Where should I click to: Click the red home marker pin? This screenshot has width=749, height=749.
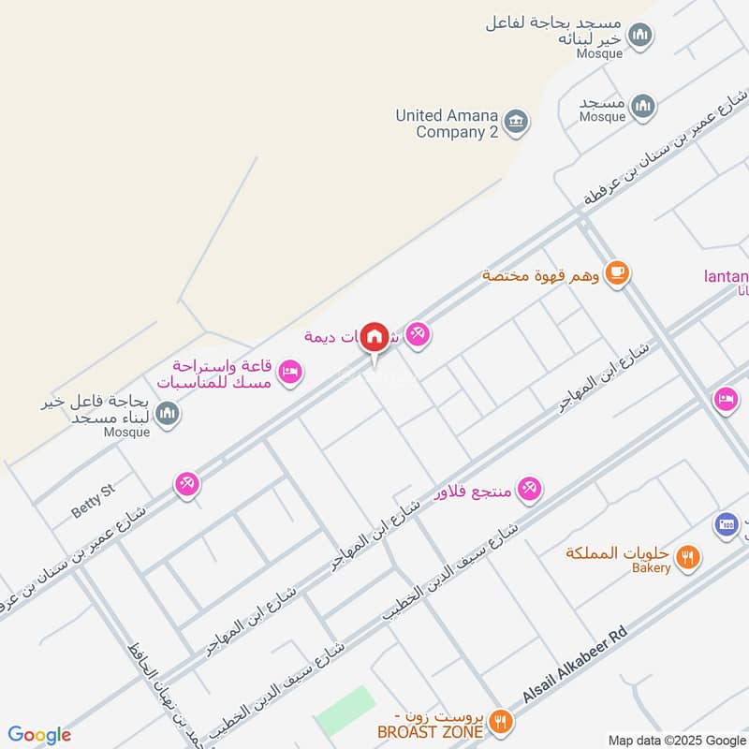pyautogui.click(x=374, y=337)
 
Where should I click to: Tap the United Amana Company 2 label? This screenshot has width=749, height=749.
pyautogui.click(x=446, y=124)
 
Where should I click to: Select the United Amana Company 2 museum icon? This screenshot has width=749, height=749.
pyautogui.click(x=516, y=122)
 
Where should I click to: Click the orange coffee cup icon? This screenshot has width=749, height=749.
pyautogui.click(x=616, y=273)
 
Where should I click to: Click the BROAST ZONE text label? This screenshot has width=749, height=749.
pyautogui.click(x=430, y=730)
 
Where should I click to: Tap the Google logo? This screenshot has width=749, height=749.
pyautogui.click(x=39, y=735)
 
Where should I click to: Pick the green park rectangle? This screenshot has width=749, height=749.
pyautogui.click(x=345, y=710)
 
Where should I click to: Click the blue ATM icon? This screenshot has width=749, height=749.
pyautogui.click(x=726, y=524)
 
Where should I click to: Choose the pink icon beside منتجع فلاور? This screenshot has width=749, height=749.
pyautogui.click(x=529, y=488)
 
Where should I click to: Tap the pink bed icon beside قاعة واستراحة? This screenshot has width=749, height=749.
pyautogui.click(x=290, y=371)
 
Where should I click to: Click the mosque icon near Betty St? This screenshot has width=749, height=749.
pyautogui.click(x=168, y=413)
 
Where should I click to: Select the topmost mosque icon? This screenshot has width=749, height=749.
pyautogui.click(x=640, y=37)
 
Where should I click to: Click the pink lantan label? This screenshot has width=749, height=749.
pyautogui.click(x=727, y=276)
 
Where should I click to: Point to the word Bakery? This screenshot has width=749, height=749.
pyautogui.click(x=651, y=567)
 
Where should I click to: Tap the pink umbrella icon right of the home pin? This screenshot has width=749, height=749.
pyautogui.click(x=418, y=334)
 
